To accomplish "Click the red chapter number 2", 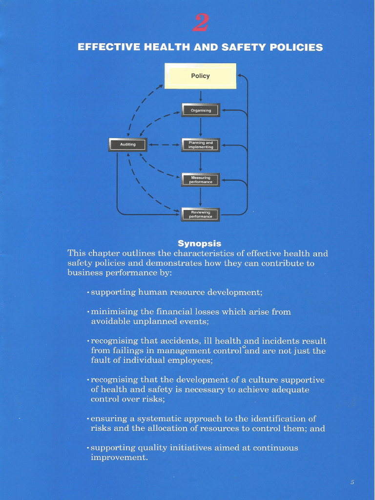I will coord(200,23).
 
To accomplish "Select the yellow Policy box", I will coord(200,76).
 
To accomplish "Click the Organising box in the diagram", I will coord(201,110).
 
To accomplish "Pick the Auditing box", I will coord(127,145).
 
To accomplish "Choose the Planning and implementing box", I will coord(201,145).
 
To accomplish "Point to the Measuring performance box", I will coord(201,180).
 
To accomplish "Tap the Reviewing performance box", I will coord(201,214).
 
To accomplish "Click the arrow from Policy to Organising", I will coord(201,96).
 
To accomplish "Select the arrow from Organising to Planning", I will coord(201,127).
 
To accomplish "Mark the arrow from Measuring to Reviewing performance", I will coord(201,197).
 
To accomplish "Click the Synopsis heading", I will coord(199,243).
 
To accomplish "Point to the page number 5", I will coord(352,482).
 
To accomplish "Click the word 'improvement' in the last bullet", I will coord(119,458).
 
